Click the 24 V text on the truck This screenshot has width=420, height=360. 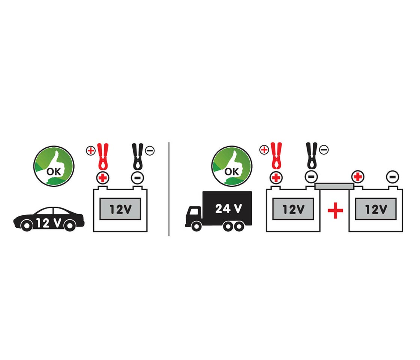tap(228, 208)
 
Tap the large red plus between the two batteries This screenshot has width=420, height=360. tap(335, 211)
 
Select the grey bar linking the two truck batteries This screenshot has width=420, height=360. tap(334, 186)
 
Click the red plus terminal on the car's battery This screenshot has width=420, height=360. tap(102, 178)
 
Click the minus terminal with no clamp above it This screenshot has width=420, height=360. tap(393, 176)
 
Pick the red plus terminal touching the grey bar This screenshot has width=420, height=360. tap(358, 176)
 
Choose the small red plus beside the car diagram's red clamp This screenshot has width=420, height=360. tap(90, 151)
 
